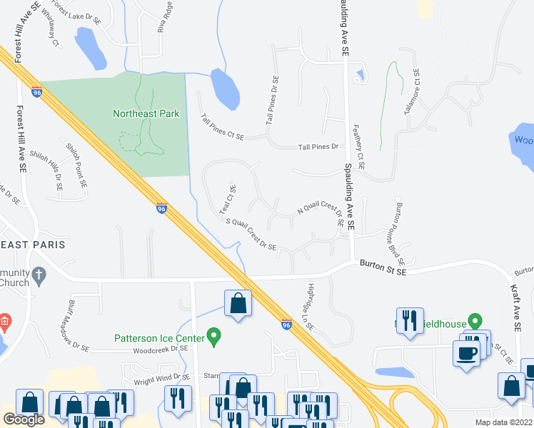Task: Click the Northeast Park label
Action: pyautogui.click(x=146, y=113)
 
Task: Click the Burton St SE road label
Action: pyautogui.click(x=383, y=265)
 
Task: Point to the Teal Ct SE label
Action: pyautogui.click(x=228, y=199)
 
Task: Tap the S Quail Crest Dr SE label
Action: pyautogui.click(x=251, y=234)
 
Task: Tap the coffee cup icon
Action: pyautogui.click(x=467, y=354)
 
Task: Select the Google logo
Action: pyautogui.click(x=24, y=419)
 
